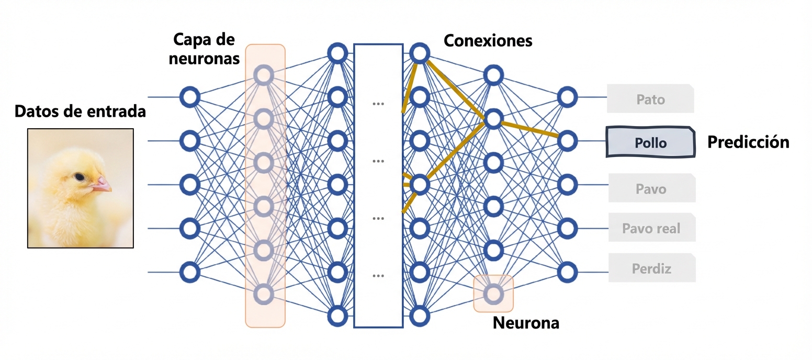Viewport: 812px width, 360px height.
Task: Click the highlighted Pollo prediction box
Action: (650, 142)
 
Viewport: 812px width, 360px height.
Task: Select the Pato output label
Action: (650, 99)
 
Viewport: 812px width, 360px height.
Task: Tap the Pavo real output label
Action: (651, 228)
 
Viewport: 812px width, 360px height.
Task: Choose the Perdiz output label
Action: (651, 269)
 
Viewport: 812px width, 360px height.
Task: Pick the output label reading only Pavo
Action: (651, 188)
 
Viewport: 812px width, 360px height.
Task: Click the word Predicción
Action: (748, 142)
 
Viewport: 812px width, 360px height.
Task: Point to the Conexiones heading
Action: (488, 40)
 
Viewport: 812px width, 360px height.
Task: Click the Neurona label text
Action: (526, 323)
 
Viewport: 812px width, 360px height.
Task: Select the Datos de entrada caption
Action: (80, 111)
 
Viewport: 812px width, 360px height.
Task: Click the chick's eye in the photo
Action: (79, 177)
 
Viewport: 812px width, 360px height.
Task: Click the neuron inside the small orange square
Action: (493, 293)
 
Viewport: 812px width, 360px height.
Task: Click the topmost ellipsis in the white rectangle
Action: (378, 104)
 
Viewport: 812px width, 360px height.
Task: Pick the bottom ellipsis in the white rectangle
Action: (378, 275)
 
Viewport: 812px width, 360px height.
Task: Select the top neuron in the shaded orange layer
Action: (264, 75)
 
